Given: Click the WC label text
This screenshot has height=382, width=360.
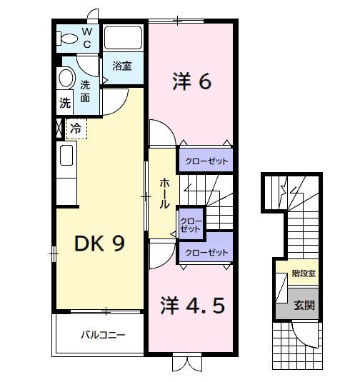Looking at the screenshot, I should (86, 38).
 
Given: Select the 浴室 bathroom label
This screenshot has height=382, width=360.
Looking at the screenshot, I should (122, 66).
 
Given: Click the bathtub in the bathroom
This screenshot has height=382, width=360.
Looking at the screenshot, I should (124, 39).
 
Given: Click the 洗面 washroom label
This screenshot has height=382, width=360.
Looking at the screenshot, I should (86, 91).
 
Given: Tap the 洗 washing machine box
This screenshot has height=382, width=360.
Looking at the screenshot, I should (65, 103).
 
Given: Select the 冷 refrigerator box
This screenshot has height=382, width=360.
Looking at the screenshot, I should (76, 129).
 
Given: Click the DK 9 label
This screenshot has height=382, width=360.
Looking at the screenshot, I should (100, 243).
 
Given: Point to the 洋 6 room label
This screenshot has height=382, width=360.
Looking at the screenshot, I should (191, 82).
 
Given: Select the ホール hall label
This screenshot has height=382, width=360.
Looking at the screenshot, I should (164, 193).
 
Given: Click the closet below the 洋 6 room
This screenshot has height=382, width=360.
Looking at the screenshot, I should (206, 161).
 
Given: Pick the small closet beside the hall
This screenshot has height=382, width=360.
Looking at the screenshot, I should (190, 226).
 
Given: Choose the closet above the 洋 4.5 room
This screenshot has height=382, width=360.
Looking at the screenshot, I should (206, 252).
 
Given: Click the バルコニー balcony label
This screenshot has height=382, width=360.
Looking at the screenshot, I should (103, 333).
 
